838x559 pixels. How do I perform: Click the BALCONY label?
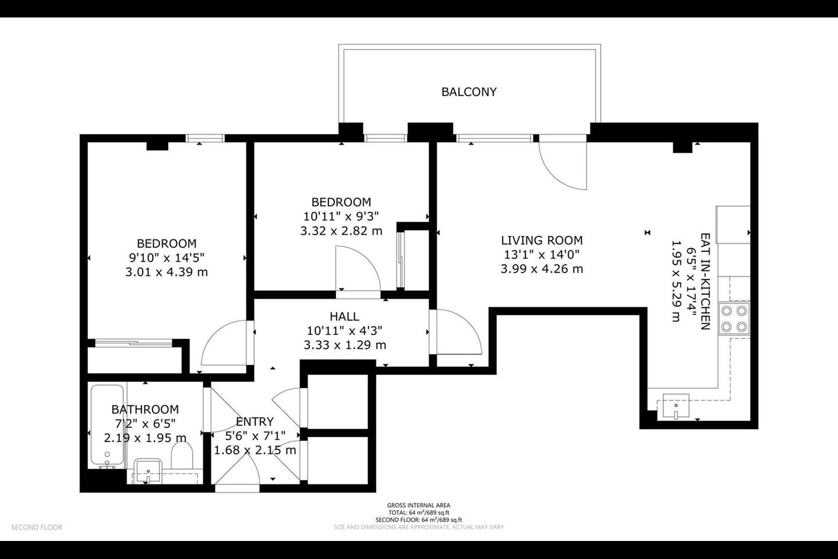(469, 92)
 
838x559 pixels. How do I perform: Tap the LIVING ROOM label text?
(542, 240)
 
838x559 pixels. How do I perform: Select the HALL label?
(344, 316)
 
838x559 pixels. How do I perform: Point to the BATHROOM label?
(145, 409)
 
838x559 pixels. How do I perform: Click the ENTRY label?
(255, 422)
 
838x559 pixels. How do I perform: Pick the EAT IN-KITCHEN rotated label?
(705, 281)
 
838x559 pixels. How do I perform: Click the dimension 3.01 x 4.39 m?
(166, 272)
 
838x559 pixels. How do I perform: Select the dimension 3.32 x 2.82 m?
(341, 231)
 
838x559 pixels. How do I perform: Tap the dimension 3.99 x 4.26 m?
(542, 269)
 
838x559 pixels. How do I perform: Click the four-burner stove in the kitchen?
(734, 319)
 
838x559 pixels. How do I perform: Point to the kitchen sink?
(676, 406)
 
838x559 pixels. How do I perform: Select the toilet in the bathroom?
(182, 455)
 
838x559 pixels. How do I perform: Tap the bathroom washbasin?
(148, 471)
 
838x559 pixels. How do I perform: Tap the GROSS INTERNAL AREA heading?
(418, 505)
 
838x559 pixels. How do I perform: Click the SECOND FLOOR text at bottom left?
(37, 527)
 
